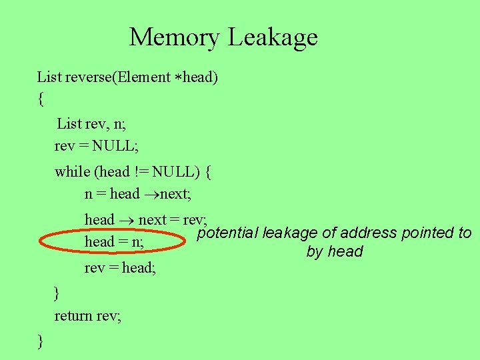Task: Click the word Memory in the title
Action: pyautogui.click(x=175, y=37)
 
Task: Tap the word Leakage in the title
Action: pyautogui.click(x=273, y=37)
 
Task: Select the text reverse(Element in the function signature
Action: pyautogui.click(x=118, y=77)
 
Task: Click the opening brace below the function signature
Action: pyautogui.click(x=41, y=100)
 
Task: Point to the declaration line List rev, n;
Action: pyautogui.click(x=91, y=123)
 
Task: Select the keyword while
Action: pyautogui.click(x=73, y=172)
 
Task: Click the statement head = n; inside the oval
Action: pyautogui.click(x=114, y=242)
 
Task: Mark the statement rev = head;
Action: pyautogui.click(x=124, y=268)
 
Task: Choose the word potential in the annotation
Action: pyautogui.click(x=227, y=233)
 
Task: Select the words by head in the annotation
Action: pyautogui.click(x=335, y=252)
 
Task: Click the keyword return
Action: pyautogui.click(x=73, y=316)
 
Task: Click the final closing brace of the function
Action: pyautogui.click(x=41, y=341)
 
